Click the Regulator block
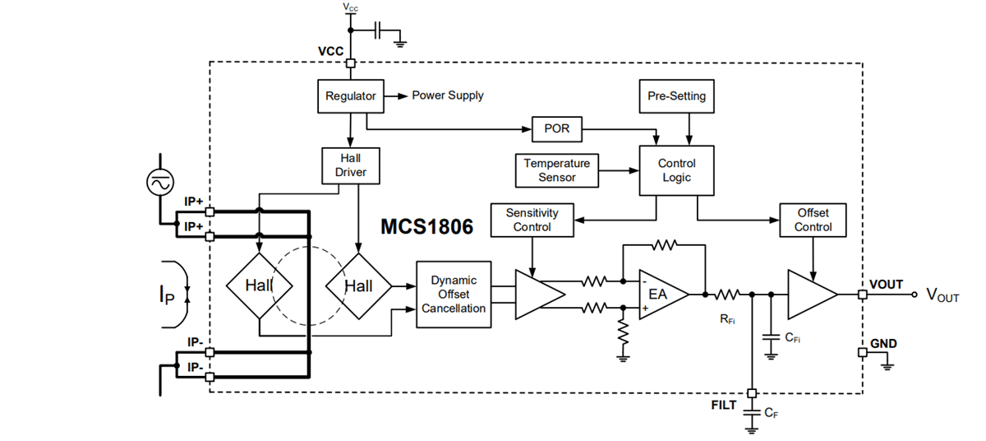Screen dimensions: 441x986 point(351,96)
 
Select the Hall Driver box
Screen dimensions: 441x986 point(351,165)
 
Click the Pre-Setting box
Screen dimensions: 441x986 point(676,96)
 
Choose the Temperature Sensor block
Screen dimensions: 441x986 point(557,170)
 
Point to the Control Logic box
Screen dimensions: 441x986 point(677,170)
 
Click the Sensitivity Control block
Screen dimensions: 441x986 point(532,220)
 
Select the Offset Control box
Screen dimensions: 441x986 point(813,220)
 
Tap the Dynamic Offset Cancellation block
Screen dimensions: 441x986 point(454,295)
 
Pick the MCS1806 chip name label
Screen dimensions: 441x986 point(426,227)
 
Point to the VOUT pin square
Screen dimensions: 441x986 point(862,295)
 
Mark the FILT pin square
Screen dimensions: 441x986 point(751,392)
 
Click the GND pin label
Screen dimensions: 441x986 point(883,343)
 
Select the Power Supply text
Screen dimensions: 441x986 point(447,95)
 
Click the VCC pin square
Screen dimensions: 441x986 point(351,63)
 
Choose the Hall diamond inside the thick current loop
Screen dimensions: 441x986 point(259,285)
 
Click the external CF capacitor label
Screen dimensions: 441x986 point(771,413)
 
